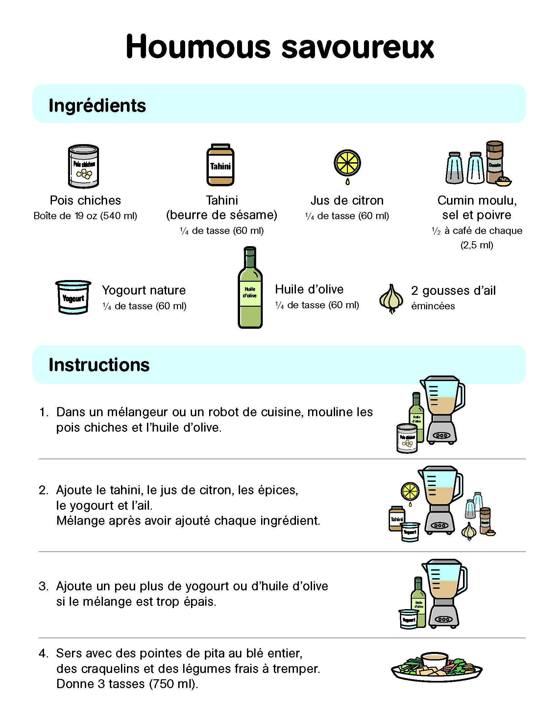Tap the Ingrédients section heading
97,106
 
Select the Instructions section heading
99,365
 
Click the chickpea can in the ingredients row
84,166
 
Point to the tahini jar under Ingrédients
221,165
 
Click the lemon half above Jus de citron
347,163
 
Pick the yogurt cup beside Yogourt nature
73,297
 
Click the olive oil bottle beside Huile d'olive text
250,288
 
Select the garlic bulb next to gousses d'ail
391,298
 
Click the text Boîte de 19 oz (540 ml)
85,216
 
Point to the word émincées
433,306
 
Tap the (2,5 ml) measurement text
477,245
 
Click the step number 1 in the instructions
43,412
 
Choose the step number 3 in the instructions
43,586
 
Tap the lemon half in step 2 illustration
410,491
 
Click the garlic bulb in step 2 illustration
469,531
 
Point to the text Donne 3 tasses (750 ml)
128,684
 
